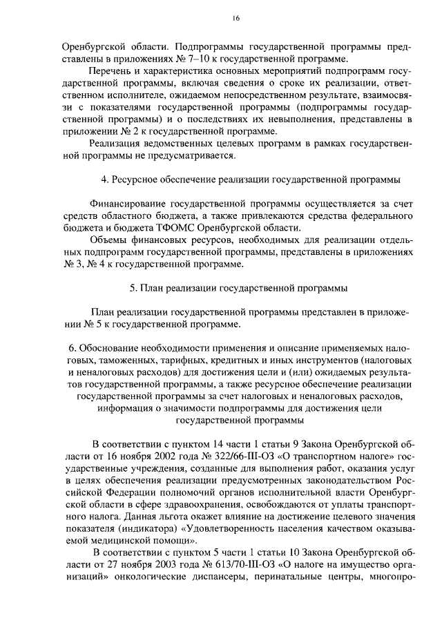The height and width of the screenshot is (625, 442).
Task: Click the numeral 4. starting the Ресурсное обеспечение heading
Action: (105, 180)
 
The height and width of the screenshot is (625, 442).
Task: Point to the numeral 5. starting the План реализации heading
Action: (133, 288)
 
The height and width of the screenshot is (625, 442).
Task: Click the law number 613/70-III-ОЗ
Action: (218, 564)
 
